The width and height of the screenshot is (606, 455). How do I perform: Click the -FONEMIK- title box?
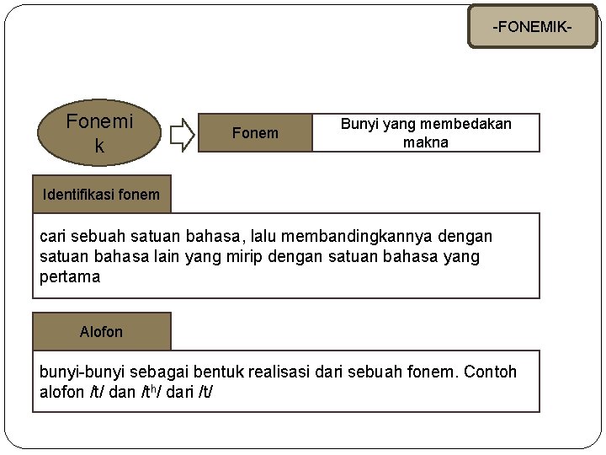tap(532, 27)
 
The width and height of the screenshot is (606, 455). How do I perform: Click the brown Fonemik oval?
tap(99, 133)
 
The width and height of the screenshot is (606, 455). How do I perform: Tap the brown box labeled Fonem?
tap(254, 133)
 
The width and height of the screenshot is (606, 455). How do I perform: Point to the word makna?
tap(425, 142)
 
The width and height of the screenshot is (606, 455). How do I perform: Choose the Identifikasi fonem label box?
tap(101, 195)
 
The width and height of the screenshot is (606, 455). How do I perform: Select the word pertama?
tap(70, 276)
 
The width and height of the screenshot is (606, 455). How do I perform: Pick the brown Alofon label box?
tap(101, 332)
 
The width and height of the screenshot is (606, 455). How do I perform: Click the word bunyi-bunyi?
tap(77, 372)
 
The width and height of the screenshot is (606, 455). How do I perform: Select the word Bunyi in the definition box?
tap(359, 124)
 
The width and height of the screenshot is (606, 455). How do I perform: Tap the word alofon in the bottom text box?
tap(62, 393)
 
